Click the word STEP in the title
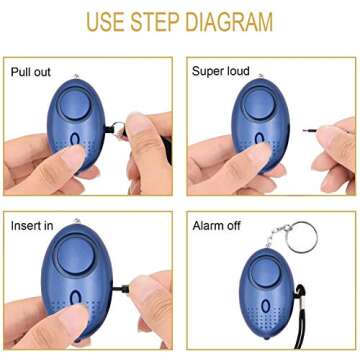coord(146,21)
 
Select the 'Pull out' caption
coord(32,72)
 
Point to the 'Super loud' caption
coord(223,72)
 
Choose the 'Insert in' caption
coord(32,226)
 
